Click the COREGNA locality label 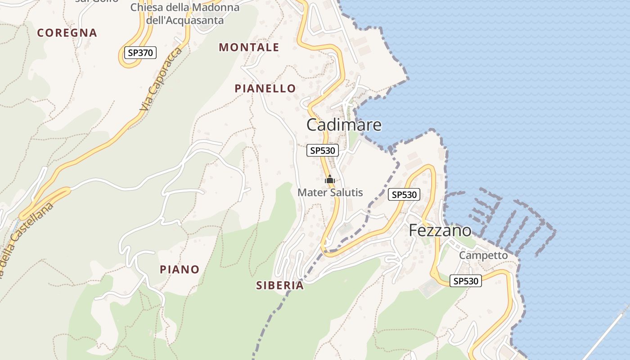coord(67,33)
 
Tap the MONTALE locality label coord(249,47)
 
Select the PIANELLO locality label coord(265,89)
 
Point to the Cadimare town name coord(344,125)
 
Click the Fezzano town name coord(440,230)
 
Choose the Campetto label coord(483,256)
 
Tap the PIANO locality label coord(180,270)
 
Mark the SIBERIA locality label coord(280,285)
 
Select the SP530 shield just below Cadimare coord(322,150)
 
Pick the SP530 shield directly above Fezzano coord(404,194)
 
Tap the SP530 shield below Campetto coord(466,281)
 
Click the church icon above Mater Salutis coord(330,180)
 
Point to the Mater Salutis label coord(330,193)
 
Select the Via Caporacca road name coord(161,80)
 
